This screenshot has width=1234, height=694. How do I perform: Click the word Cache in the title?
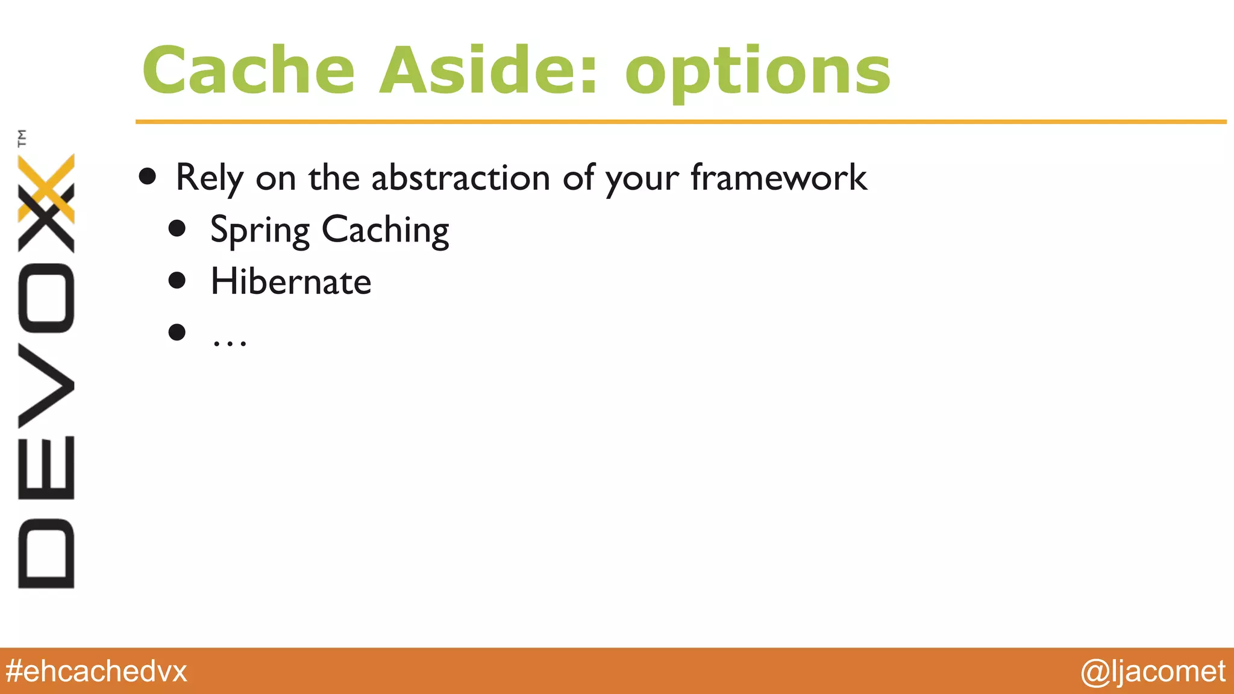pyautogui.click(x=248, y=71)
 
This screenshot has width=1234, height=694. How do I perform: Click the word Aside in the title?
pyautogui.click(x=488, y=71)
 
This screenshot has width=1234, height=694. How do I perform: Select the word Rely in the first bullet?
pyautogui.click(x=209, y=178)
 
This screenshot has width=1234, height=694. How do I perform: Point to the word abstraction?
pyautogui.click(x=460, y=178)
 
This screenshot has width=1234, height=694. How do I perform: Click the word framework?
pyautogui.click(x=778, y=178)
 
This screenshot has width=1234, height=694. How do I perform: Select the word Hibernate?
pyautogui.click(x=290, y=282)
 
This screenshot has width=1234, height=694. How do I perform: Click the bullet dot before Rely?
pyautogui.click(x=147, y=177)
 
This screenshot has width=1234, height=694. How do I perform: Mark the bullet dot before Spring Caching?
pyautogui.click(x=177, y=228)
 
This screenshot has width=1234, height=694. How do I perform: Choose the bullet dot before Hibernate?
pyautogui.click(x=177, y=280)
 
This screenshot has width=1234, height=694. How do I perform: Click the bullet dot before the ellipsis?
pyautogui.click(x=177, y=332)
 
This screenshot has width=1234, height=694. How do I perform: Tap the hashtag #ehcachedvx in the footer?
pyautogui.click(x=96, y=671)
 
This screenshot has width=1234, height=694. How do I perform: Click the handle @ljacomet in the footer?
pyautogui.click(x=1153, y=671)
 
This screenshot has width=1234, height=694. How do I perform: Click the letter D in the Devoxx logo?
pyautogui.click(x=46, y=553)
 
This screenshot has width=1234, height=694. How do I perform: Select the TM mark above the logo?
pyautogui.click(x=23, y=138)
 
